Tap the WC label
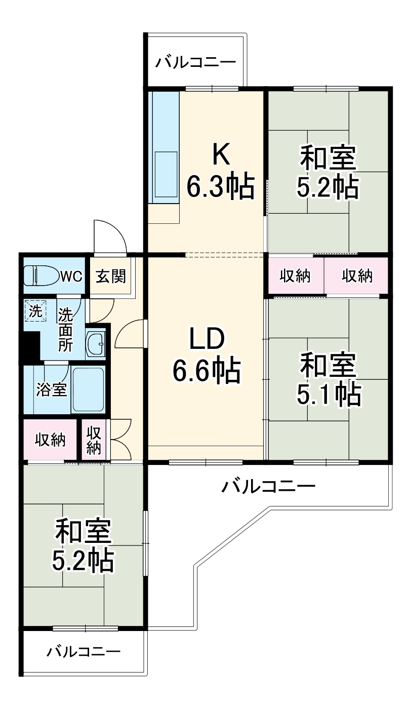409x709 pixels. point(71,277)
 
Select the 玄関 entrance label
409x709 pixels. point(111,277)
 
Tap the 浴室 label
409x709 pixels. point(52,390)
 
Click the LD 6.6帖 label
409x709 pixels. point(206,357)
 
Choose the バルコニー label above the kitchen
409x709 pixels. point(195,63)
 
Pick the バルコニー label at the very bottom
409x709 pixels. point(84,651)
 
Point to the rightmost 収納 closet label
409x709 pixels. point(357,277)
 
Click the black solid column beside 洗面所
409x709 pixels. point(30,345)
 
